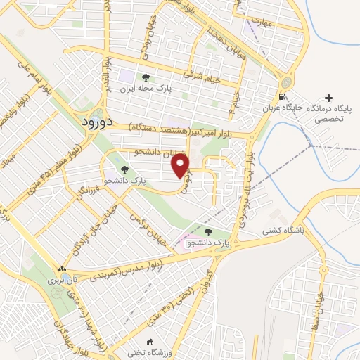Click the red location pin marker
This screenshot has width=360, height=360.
182,166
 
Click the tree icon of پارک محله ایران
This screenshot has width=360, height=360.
146,78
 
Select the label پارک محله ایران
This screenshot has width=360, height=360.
146,90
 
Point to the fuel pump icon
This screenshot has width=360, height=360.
282,97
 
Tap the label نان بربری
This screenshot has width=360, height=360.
62,280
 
